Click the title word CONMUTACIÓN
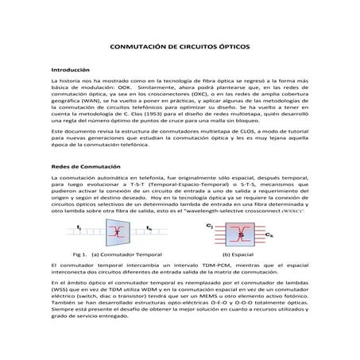(x=139, y=47)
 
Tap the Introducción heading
(x=70, y=71)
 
